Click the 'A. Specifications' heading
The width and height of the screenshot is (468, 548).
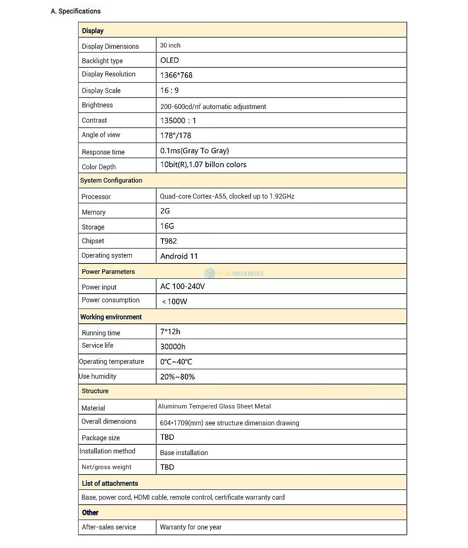pyautogui.click(x=76, y=11)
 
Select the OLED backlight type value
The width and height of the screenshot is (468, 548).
pyautogui.click(x=170, y=60)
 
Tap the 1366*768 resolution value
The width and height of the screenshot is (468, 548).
pyautogui.click(x=176, y=75)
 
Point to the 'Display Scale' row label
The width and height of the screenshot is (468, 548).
pyautogui.click(x=101, y=90)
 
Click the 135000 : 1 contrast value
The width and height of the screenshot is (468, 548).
pyautogui.click(x=178, y=121)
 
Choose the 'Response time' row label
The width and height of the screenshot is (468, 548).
pyautogui.click(x=103, y=152)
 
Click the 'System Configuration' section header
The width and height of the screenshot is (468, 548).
pyautogui.click(x=111, y=180)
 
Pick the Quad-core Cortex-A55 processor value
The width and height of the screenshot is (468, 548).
pyautogui.click(x=227, y=196)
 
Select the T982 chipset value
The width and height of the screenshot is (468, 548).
pyautogui.click(x=169, y=241)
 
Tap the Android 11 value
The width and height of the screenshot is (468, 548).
pyautogui.click(x=179, y=256)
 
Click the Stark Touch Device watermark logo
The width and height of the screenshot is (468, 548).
pyautogui.click(x=210, y=273)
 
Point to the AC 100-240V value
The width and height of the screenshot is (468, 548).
pyautogui.click(x=182, y=286)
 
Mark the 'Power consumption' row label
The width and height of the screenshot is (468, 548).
pyautogui.click(x=110, y=300)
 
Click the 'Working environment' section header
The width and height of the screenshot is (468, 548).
pyautogui.click(x=111, y=317)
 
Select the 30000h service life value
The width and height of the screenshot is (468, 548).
pyautogui.click(x=173, y=347)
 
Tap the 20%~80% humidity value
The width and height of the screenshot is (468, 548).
pyautogui.click(x=177, y=377)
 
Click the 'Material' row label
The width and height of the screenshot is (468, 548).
pyautogui.click(x=93, y=408)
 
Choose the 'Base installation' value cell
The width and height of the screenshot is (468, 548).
pyautogui.click(x=184, y=453)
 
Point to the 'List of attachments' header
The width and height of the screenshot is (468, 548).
pyautogui.click(x=110, y=483)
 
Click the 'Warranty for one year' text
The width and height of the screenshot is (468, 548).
pyautogui.click(x=191, y=527)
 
